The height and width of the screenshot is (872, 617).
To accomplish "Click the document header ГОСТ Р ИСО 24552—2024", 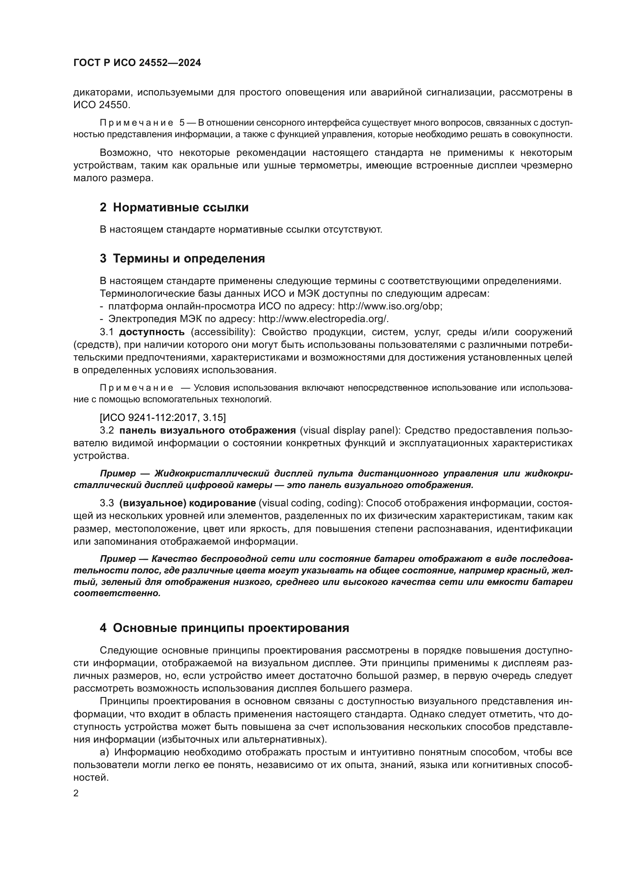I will (137, 63).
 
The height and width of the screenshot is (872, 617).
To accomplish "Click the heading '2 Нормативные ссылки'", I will (174, 208).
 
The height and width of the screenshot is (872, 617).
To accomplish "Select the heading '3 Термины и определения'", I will (182, 259).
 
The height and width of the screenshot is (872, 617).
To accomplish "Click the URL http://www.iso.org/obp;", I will (390, 306).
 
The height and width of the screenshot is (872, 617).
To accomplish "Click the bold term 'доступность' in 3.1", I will (151, 332).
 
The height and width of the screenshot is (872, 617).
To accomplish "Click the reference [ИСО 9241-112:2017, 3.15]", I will (163, 418).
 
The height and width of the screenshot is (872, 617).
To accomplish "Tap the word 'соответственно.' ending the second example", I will (117, 593).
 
